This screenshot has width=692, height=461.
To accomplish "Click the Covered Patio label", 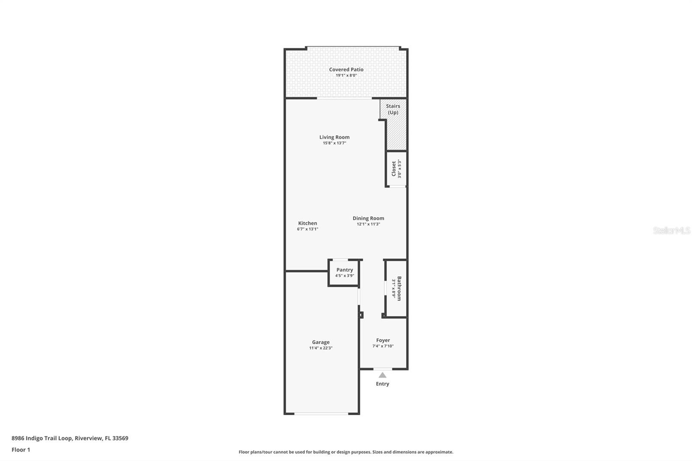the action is point(346,70).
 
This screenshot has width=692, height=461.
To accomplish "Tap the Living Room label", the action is point(334,137).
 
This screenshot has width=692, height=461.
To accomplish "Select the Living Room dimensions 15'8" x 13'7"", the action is point(334,143).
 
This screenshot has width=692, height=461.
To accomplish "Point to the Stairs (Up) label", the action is point(393,109).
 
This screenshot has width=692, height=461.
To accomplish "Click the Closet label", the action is point(394,169).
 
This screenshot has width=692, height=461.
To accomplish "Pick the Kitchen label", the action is point(308,223).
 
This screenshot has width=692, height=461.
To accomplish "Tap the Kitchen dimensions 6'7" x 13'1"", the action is point(308,229).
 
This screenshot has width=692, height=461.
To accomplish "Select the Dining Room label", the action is point(368,218).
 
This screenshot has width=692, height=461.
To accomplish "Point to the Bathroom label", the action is point(399,288).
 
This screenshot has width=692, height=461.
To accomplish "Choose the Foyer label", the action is point(383,340).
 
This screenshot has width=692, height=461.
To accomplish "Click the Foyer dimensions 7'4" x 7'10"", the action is point(383,346).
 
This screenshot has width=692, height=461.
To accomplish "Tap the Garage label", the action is point(320,343).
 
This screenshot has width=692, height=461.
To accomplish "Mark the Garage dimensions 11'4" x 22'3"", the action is point(320,348).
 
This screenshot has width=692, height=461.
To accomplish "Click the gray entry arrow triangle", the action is point(382,375).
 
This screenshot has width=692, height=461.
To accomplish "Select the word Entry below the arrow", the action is point(382,384).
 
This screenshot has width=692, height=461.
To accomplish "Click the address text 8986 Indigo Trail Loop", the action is point(42,438).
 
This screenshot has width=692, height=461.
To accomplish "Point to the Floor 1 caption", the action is point(21,450).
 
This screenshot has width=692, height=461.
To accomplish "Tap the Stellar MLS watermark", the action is point(671,230).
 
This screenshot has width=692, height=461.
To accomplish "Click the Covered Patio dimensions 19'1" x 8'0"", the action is point(346,75).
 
